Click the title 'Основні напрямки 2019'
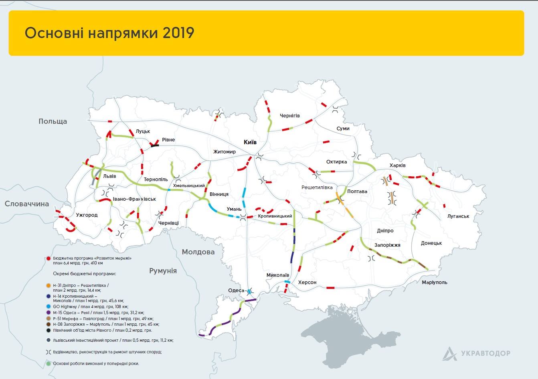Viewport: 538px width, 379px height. pyautogui.click(x=109, y=33)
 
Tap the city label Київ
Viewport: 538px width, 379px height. pyautogui.click(x=250, y=142)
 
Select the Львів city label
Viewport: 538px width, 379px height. pyautogui.click(x=109, y=176)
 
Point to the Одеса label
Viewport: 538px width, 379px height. pyautogui.click(x=236, y=290)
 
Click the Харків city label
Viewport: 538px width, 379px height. pyautogui.click(x=397, y=165)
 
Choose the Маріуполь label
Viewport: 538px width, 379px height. pyautogui.click(x=434, y=282)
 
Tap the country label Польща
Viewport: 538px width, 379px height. pyautogui.click(x=53, y=121)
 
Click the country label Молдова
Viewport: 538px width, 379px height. pyautogui.click(x=198, y=252)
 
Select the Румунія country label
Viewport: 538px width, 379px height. pyautogui.click(x=163, y=271)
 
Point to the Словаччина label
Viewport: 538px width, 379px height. pyautogui.click(x=27, y=204)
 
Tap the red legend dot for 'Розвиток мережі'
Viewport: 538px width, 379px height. pyautogui.click(x=49, y=258)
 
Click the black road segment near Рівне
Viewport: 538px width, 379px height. pyautogui.click(x=154, y=146)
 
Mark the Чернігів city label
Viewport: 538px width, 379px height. pyautogui.click(x=289, y=116)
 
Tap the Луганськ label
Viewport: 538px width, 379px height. pyautogui.click(x=458, y=216)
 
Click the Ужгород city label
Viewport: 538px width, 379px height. pyautogui.click(x=87, y=215)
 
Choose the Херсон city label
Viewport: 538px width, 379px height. pyautogui.click(x=307, y=282)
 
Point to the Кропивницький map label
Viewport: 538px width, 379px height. pyautogui.click(x=275, y=216)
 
